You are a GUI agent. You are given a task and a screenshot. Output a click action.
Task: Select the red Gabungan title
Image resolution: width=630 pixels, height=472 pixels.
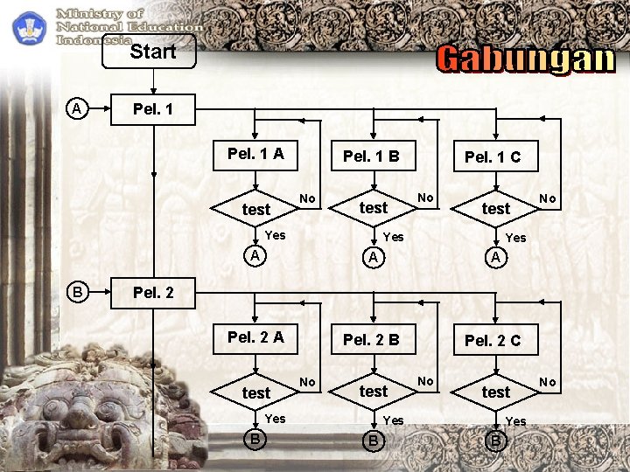pos(525,59)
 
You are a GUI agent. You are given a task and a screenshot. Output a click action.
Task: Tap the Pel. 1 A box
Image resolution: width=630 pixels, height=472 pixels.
pos(255,154)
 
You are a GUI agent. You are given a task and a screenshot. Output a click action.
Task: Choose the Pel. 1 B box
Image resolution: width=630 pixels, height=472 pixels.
pos(371,156)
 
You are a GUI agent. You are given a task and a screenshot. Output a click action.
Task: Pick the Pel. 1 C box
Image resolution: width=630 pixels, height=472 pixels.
pos(492,157)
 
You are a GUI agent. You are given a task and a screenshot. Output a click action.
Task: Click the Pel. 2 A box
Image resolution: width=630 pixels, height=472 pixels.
pos(255,337)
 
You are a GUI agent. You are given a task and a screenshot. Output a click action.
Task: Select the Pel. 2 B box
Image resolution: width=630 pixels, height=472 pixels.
pos(371,339)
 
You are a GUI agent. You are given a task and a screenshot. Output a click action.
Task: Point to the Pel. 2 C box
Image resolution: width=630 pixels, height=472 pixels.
pos(492,340)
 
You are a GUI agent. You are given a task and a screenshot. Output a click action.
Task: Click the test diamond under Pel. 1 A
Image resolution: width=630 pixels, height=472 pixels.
pos(256,209)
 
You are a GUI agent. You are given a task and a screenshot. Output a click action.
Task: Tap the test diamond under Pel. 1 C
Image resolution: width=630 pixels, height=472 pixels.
pos(495,208)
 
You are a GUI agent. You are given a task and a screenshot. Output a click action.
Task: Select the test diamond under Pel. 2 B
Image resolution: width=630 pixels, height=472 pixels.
pos(374,391)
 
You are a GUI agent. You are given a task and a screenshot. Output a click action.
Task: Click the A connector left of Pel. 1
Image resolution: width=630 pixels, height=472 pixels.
pos(77,109)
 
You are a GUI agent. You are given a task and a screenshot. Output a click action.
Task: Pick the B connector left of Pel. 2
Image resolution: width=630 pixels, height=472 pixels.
pos(77,291)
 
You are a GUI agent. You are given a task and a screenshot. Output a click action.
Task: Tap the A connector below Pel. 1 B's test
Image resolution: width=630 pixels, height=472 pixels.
pos(374,257)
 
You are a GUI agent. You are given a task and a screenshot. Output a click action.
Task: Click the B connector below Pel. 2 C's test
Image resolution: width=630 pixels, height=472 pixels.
pos(495,440)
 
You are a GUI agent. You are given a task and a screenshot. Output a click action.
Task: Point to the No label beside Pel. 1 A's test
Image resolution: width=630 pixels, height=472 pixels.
pos(307,198)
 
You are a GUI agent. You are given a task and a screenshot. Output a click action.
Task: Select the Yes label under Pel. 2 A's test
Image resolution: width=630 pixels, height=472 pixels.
pos(275,419)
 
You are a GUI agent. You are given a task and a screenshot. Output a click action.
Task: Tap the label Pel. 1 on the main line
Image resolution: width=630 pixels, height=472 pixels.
pos(152,109)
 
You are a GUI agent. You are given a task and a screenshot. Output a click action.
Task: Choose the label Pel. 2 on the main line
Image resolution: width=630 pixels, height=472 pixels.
pos(152,292)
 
